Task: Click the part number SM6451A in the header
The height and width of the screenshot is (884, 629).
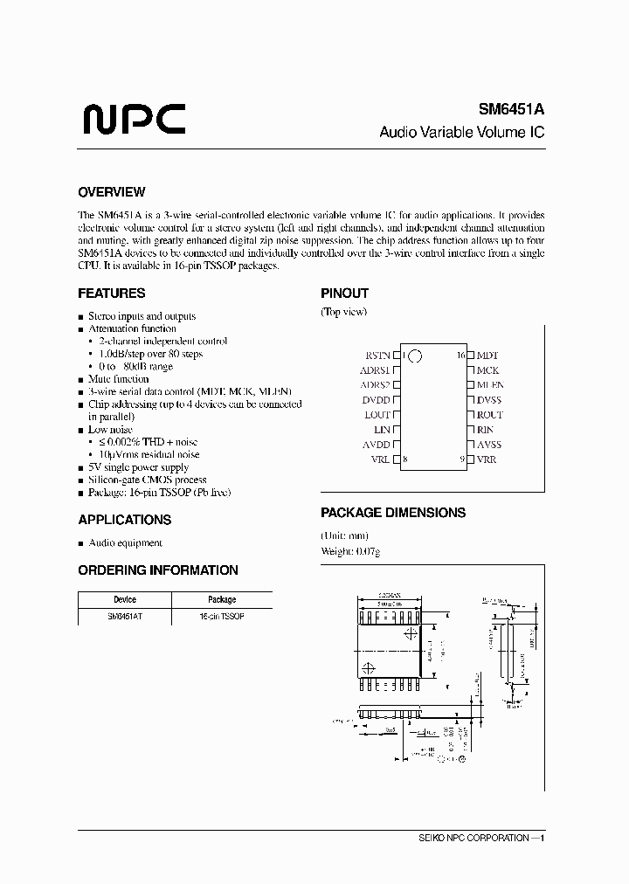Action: point(511,111)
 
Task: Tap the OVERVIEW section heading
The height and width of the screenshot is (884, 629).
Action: point(111,192)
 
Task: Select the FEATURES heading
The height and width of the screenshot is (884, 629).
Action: point(111,294)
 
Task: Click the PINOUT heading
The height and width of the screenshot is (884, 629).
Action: point(344,294)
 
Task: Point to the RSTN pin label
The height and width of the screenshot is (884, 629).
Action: point(377,356)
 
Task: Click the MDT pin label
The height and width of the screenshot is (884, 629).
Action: point(487,356)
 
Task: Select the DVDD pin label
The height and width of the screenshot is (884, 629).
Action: point(377,400)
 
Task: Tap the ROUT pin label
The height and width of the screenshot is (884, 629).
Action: point(489,415)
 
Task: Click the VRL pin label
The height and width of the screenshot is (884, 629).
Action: point(381,459)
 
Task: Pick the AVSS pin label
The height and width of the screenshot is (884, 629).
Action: point(488,445)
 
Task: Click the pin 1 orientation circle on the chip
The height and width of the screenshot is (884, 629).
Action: point(415,356)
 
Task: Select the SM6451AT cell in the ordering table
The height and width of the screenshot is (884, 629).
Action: point(125,616)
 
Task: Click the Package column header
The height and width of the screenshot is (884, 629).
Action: point(222,600)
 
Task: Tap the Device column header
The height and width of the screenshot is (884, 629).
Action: point(125,600)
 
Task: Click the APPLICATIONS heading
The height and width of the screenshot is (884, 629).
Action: point(124,520)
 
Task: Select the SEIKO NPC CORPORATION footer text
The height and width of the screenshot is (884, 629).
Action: point(480,838)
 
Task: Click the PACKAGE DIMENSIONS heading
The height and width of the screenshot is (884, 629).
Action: point(392,513)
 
